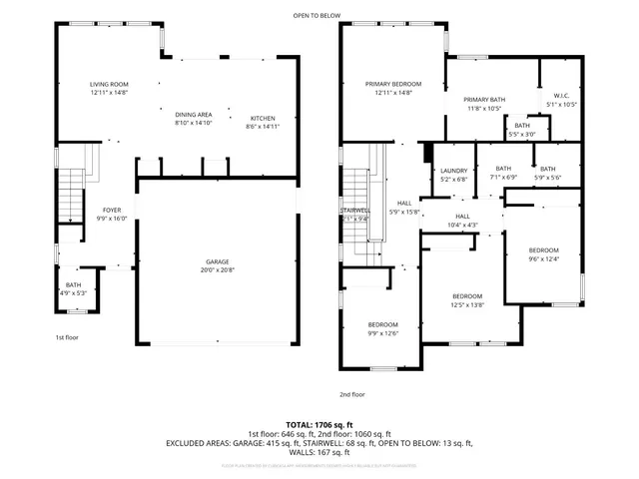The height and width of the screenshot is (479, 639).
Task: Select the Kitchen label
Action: [x=262, y=120]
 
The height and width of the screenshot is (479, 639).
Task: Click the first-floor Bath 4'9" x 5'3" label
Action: [x=74, y=288]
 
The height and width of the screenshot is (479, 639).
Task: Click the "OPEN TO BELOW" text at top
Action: [x=314, y=15]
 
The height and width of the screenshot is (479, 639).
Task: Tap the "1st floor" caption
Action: [x=66, y=337]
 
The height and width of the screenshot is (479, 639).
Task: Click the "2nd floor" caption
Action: [x=351, y=393]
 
